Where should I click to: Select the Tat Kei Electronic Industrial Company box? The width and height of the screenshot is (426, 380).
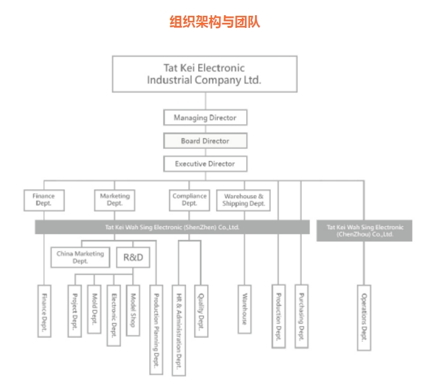point(204,74)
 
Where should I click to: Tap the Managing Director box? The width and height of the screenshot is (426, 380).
point(204,118)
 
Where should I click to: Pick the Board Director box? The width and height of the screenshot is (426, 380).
point(204,141)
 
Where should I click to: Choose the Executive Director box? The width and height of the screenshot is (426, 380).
point(204,163)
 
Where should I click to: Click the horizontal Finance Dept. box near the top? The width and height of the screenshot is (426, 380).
point(44,200)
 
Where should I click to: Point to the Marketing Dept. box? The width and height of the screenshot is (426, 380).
point(115,200)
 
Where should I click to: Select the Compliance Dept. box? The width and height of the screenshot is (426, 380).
point(189,200)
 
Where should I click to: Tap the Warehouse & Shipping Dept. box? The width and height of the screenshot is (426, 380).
point(243,200)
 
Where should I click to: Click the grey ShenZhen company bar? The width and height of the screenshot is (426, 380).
point(172,226)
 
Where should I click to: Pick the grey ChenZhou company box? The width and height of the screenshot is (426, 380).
point(364,231)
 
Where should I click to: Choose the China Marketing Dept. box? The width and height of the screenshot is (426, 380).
point(80,256)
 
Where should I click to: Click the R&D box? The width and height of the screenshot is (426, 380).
point(132,257)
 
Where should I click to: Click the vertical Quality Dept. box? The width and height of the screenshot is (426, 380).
point(201,310)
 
